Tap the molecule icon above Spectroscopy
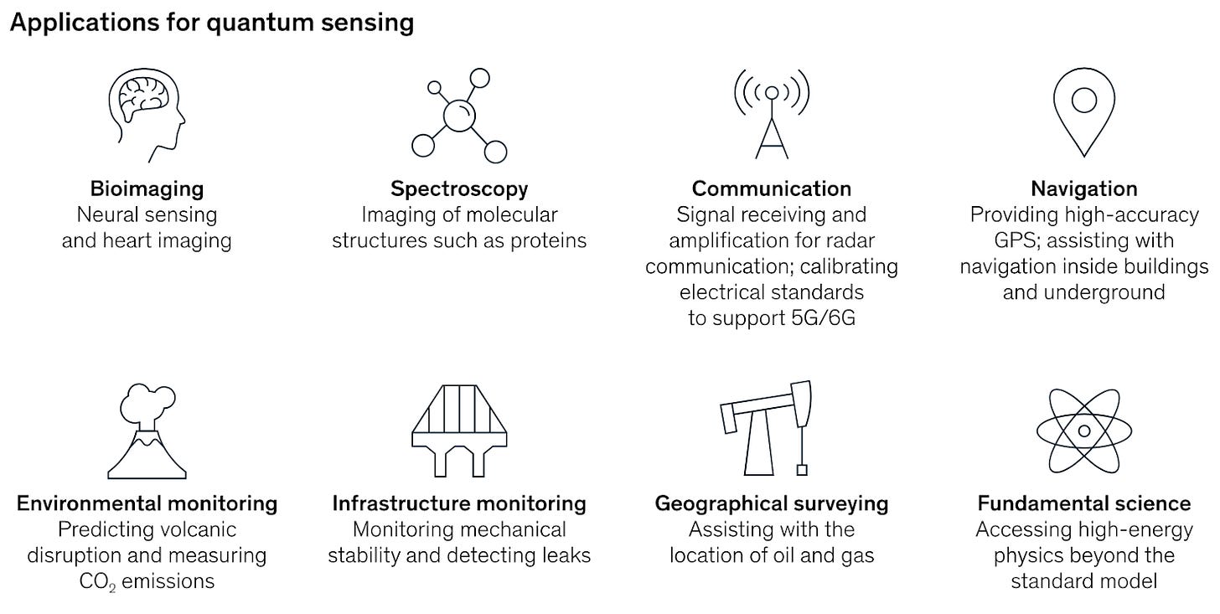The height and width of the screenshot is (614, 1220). point(459,116)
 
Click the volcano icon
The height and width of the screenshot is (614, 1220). point(147,432)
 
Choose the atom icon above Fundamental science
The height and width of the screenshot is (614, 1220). point(1084,431)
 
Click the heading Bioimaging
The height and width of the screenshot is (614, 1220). point(147,188)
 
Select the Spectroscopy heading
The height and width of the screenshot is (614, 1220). point(459,188)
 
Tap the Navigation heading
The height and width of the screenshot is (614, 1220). point(1084,188)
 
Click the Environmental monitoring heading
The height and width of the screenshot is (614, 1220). point(147,503)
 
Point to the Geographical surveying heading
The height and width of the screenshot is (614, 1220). point(772,503)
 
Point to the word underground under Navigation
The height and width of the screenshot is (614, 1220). point(1111,292)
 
